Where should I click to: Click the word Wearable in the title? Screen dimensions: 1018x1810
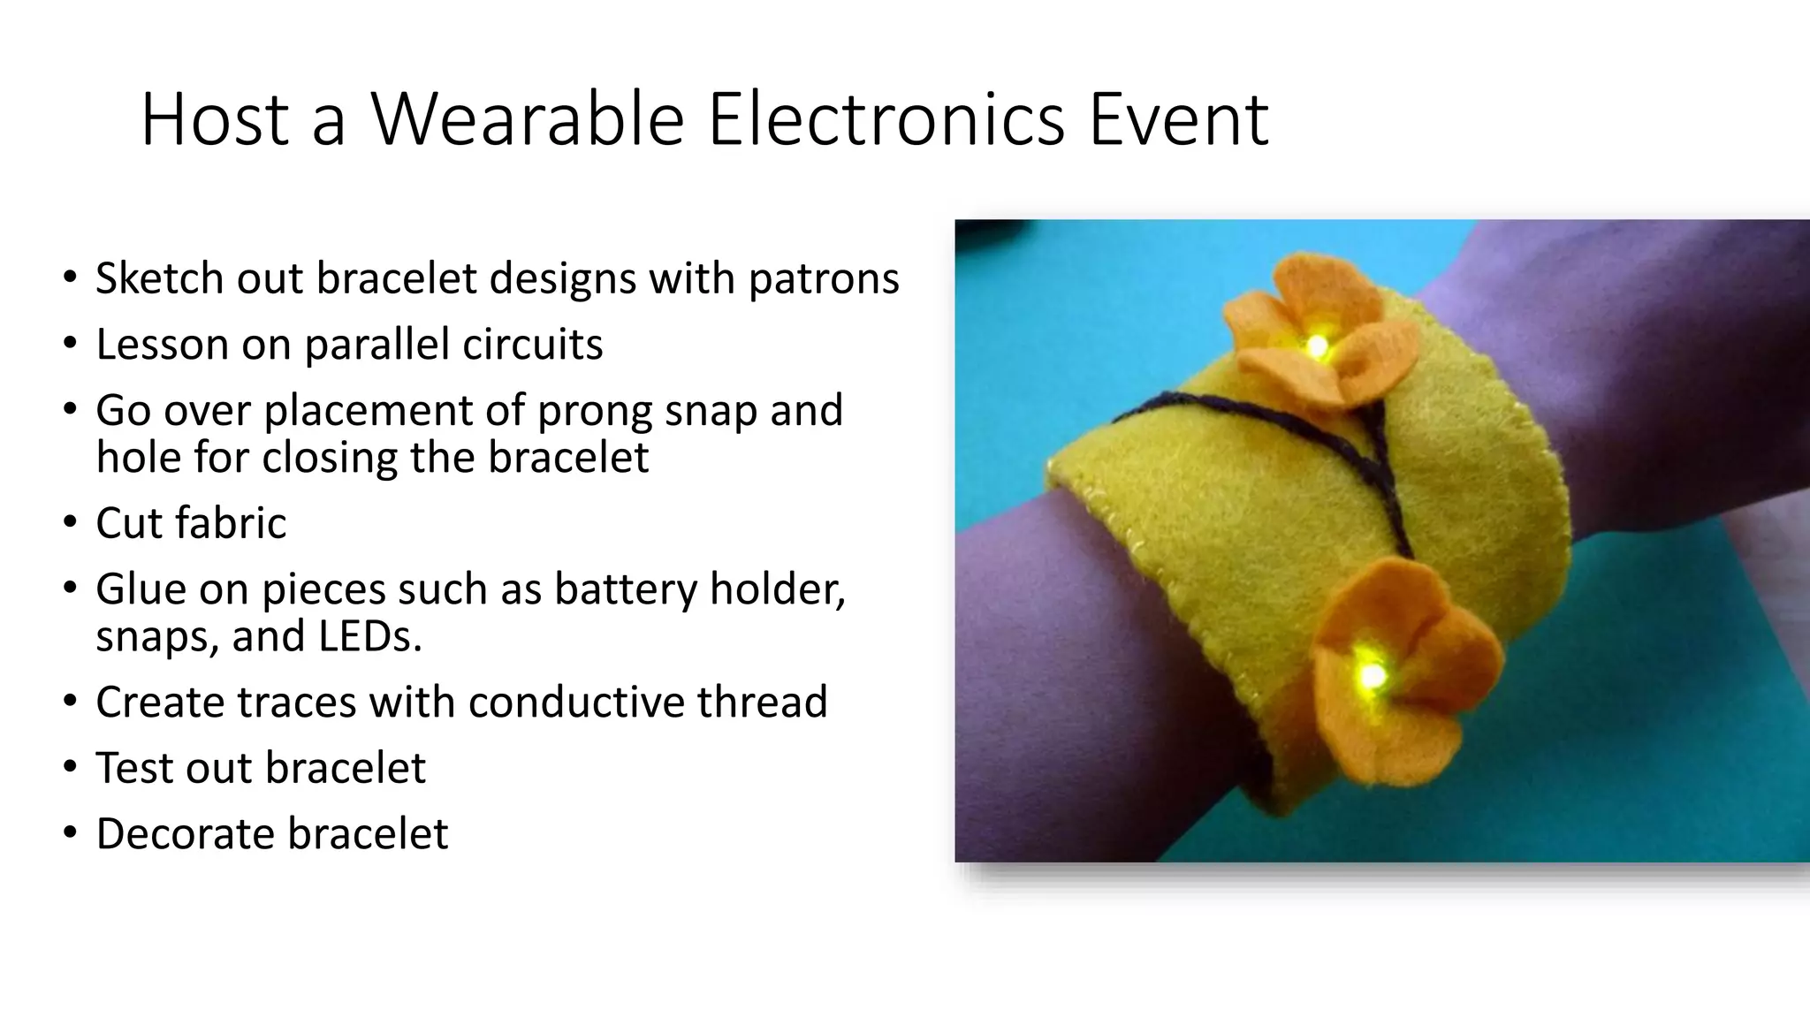click(528, 119)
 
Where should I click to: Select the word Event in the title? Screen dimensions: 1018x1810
click(1179, 119)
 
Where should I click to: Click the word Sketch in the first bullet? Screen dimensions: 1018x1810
click(158, 278)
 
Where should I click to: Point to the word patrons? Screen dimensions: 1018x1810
click(824, 280)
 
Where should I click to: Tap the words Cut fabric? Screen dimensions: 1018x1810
click(191, 523)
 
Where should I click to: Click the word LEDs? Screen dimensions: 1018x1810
click(370, 635)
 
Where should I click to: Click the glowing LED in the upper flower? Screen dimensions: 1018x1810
click(1317, 346)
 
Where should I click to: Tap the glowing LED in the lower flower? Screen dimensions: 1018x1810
click(1372, 677)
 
